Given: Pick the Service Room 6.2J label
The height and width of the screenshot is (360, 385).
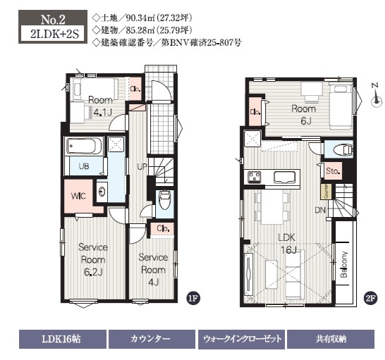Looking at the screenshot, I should pos(93,258).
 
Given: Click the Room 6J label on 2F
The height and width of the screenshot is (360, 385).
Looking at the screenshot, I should pos(304,114).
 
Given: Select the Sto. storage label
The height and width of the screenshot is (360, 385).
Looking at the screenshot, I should pos(333,171).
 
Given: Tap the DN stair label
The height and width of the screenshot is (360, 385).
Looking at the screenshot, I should pos(319,210).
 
